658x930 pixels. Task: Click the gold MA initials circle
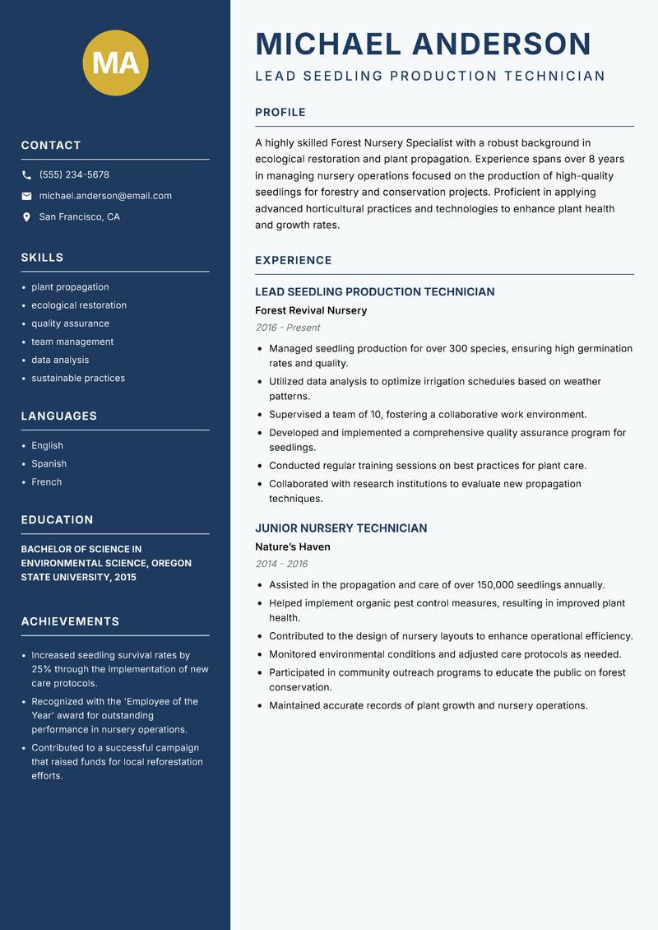(x=116, y=63)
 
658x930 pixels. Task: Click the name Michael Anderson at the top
(x=424, y=44)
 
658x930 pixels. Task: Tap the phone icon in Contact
(x=26, y=175)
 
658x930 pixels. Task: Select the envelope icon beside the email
(x=26, y=196)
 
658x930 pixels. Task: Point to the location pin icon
(x=26, y=217)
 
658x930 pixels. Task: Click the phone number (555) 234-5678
(x=74, y=175)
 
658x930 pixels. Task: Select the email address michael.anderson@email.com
(x=105, y=196)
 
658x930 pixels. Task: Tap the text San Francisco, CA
(x=79, y=217)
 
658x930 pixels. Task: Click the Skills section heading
(x=42, y=258)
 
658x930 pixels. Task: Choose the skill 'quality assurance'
(x=70, y=323)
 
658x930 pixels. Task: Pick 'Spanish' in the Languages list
(x=49, y=463)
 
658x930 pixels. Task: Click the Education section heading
(x=57, y=520)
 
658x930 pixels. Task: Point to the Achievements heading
(x=70, y=621)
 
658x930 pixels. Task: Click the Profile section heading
(x=280, y=113)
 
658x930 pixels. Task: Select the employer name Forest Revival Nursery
(x=311, y=310)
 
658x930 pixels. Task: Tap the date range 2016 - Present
(x=288, y=328)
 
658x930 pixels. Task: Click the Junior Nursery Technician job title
(x=341, y=528)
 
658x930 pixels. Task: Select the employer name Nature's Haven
(x=292, y=546)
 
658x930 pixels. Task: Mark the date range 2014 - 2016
(x=281, y=564)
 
